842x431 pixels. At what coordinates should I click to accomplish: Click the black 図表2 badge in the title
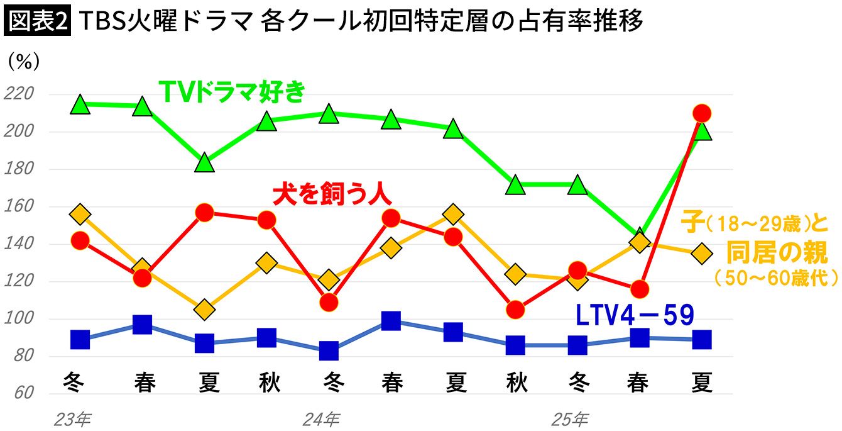coord(38,21)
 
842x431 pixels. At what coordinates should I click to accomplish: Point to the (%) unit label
coord(24,62)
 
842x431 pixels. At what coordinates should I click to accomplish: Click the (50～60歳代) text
coord(777,277)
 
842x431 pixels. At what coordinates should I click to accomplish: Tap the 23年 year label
coord(74,418)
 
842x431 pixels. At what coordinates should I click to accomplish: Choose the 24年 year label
coord(321,418)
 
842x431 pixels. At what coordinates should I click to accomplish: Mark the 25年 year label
coord(571,418)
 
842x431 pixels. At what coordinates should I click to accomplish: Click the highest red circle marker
coord(701,114)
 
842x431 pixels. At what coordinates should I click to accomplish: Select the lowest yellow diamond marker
coord(204,310)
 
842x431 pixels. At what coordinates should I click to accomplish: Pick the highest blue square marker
coord(391,321)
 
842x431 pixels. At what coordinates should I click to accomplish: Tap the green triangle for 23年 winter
coord(80,105)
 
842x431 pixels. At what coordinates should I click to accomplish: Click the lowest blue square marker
coord(329,350)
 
